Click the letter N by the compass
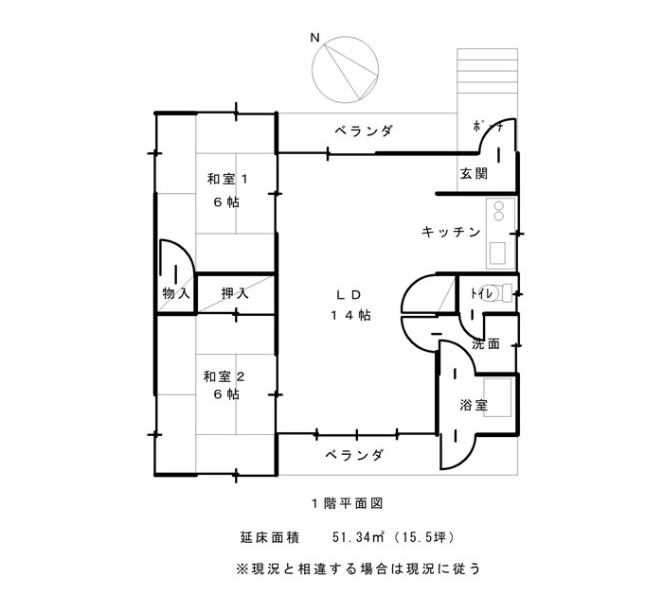[314, 38]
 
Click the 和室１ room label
[227, 179]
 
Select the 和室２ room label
[224, 376]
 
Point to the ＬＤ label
[349, 295]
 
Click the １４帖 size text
[350, 315]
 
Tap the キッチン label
[451, 232]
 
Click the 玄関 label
[474, 173]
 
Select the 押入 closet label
[235, 293]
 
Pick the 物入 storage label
[176, 293]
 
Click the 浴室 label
[474, 406]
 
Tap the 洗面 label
[486, 343]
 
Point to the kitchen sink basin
[497, 253]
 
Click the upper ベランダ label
[364, 131]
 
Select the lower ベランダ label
[354, 455]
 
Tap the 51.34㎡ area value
[358, 537]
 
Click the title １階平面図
[348, 503]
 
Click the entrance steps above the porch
[487, 71]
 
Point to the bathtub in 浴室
[497, 398]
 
